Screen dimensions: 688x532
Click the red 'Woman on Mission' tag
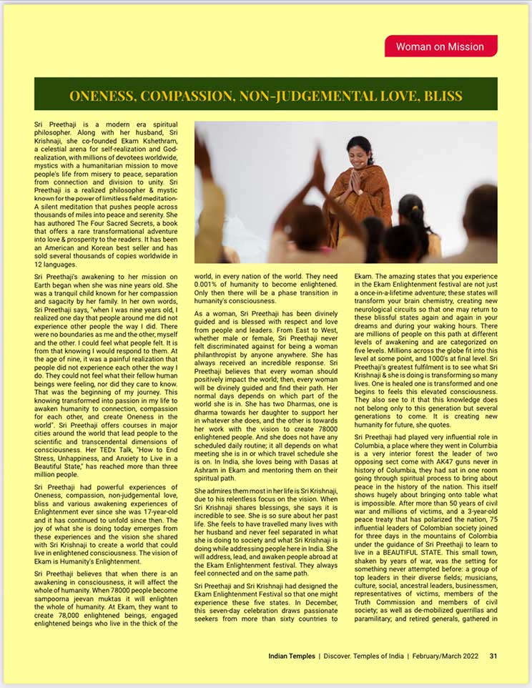click(x=440, y=46)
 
